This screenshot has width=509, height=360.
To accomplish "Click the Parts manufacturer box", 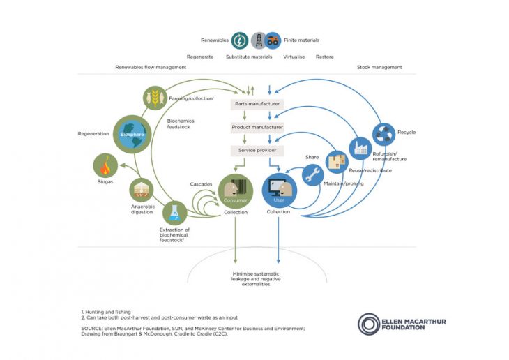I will click(257, 104).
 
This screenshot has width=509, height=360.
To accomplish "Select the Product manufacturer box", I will click(257, 128).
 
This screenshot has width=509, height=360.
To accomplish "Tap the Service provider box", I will click(257, 151).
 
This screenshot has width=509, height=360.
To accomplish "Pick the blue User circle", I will click(279, 190).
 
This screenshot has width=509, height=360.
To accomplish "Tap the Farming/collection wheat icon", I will click(155, 98).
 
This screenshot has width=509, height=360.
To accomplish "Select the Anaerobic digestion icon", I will click(142, 190).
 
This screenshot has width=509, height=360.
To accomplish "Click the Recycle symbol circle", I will click(384, 133).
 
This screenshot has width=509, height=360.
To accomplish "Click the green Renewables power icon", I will click(240, 40).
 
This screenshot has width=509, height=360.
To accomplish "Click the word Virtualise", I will click(294, 56).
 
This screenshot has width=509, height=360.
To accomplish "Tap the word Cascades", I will click(202, 184).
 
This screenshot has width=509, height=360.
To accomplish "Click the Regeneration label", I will click(94, 133).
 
